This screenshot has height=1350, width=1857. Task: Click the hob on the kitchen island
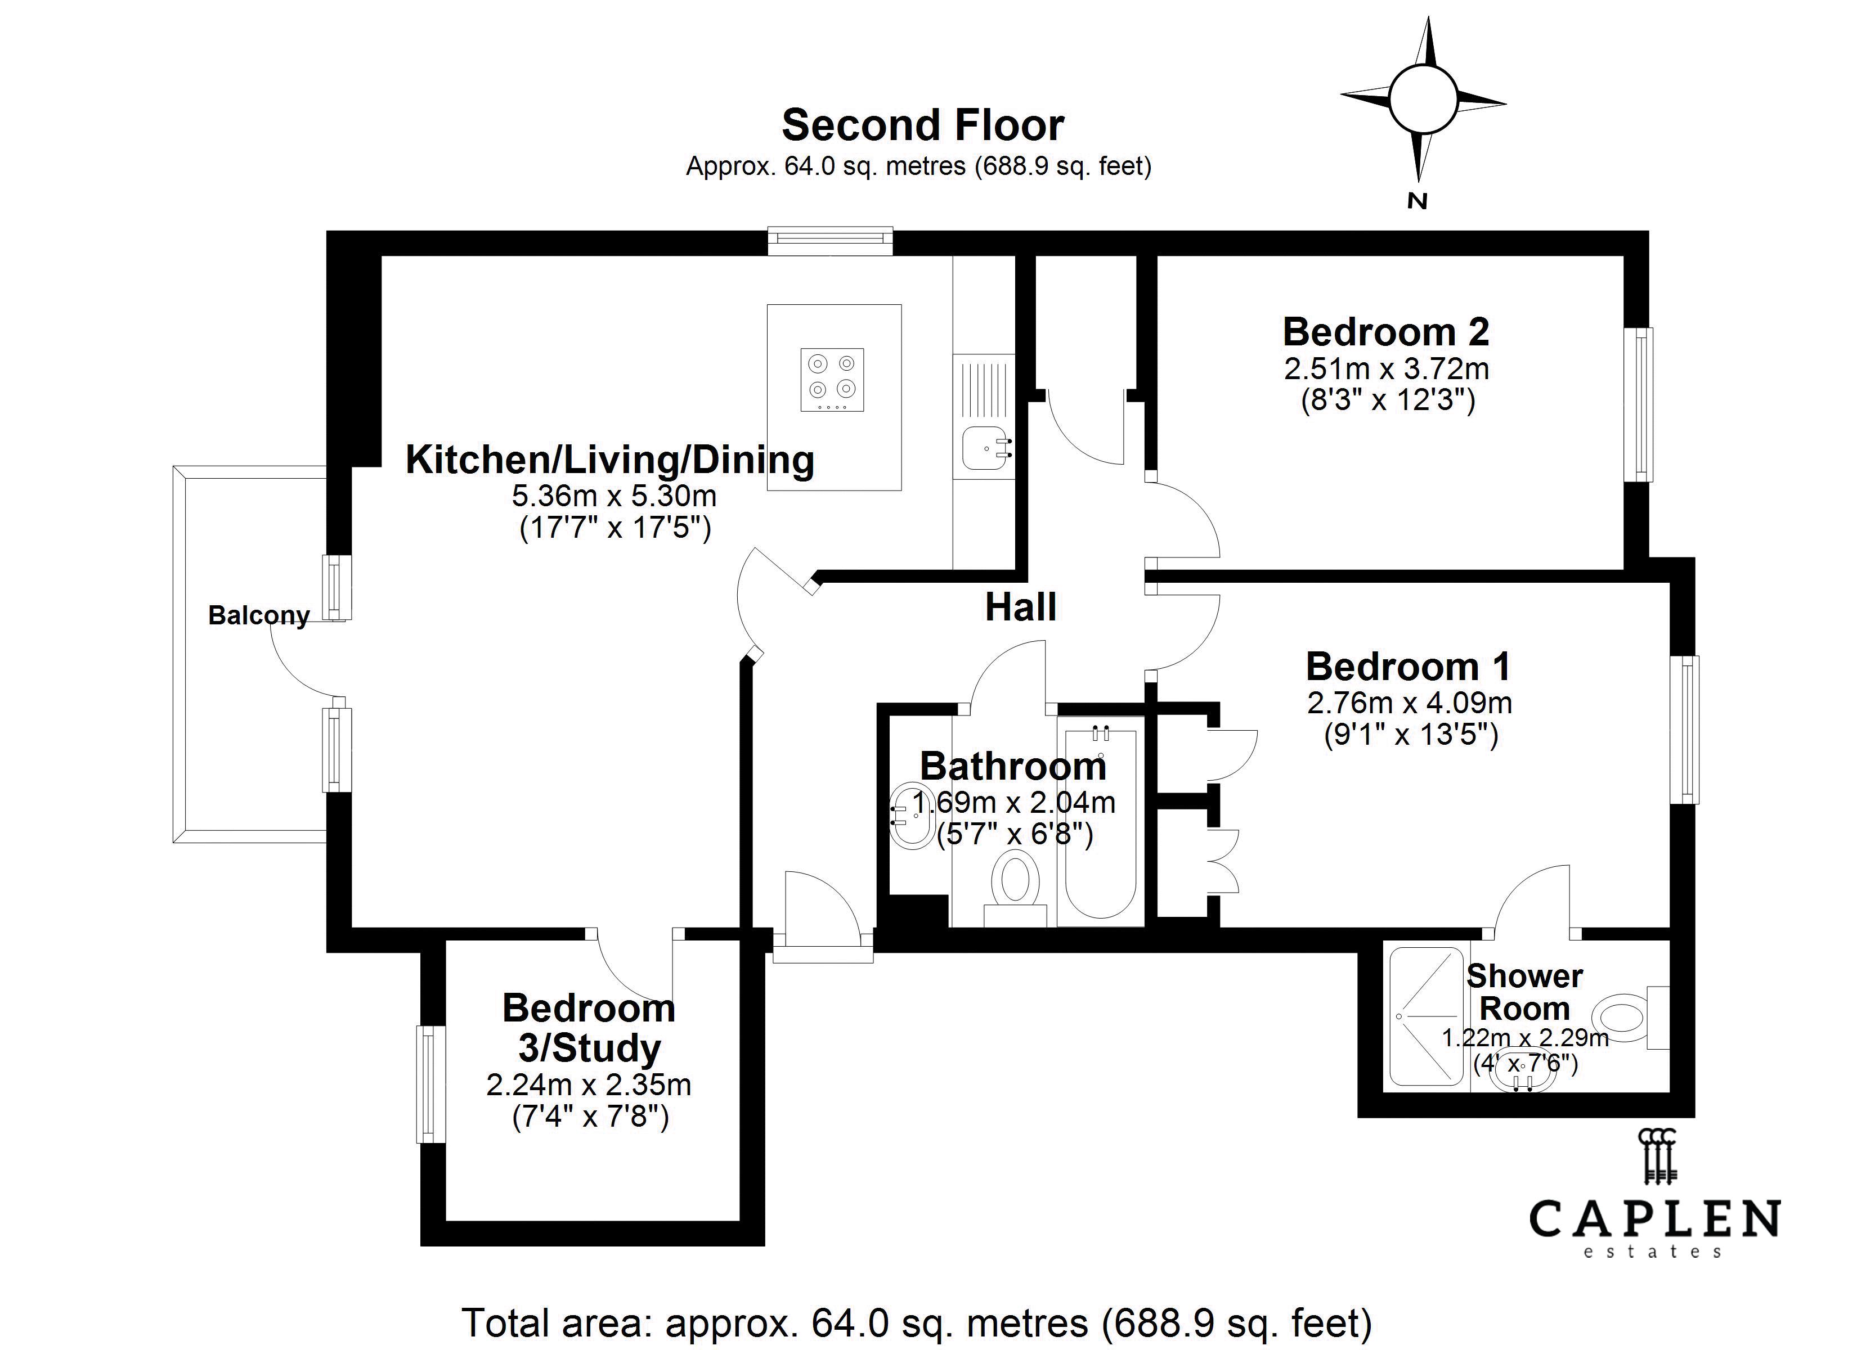click(832, 379)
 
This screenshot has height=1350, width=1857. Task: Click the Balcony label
click(259, 615)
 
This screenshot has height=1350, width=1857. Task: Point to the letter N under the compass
click(1418, 201)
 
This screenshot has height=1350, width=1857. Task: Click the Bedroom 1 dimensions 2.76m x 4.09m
click(1409, 703)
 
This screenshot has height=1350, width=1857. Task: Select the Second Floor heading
click(923, 125)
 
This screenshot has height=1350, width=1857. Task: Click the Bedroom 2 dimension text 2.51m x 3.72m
click(1386, 369)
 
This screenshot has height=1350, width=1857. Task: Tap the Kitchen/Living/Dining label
click(610, 460)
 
